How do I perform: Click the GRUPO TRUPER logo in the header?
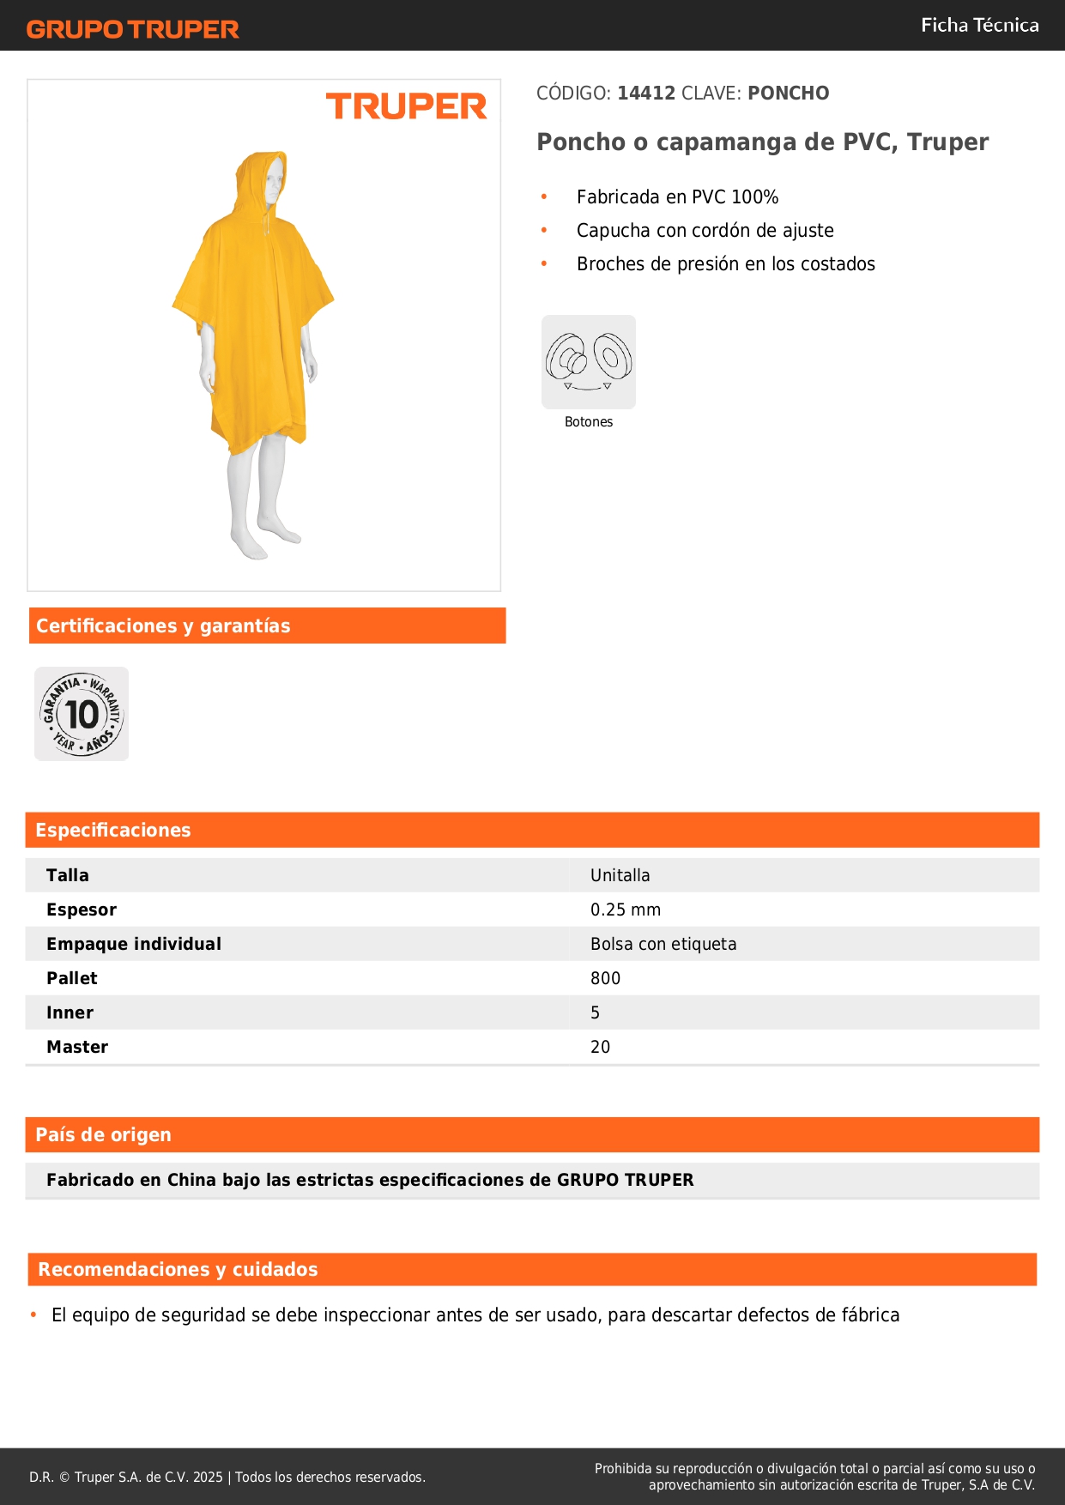(x=133, y=29)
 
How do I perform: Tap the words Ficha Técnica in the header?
(x=979, y=25)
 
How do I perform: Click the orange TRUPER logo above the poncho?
(x=406, y=106)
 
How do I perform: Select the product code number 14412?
(x=646, y=93)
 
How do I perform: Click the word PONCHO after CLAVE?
(x=788, y=93)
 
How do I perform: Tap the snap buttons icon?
(x=589, y=361)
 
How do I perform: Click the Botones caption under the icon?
(x=589, y=421)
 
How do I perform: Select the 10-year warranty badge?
(x=82, y=714)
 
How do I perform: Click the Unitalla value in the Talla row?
(x=620, y=875)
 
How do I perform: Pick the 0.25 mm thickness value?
(x=625, y=910)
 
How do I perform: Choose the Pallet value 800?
(x=605, y=978)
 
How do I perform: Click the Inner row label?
(x=70, y=1012)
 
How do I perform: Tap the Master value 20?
(x=600, y=1047)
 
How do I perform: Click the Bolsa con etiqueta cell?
(x=663, y=944)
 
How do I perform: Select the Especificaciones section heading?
(x=112, y=830)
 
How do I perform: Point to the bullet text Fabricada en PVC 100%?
(x=677, y=196)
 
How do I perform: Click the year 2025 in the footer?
(x=208, y=1477)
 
